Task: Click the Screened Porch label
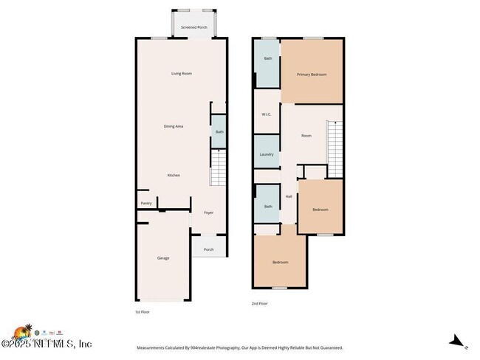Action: click(x=194, y=27)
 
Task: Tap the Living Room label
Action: click(x=182, y=74)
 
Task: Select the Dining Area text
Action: click(x=174, y=126)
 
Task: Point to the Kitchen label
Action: click(x=174, y=175)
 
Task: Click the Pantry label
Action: click(x=145, y=204)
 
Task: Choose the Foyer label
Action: click(x=209, y=212)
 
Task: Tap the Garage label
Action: click(x=163, y=258)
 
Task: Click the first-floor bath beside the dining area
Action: click(x=219, y=131)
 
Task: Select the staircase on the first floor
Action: click(x=219, y=167)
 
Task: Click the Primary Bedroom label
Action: click(x=312, y=75)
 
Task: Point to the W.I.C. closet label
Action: click(x=267, y=114)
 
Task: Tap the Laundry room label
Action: click(x=267, y=154)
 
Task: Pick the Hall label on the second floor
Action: click(x=289, y=196)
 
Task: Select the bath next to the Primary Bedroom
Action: click(x=267, y=58)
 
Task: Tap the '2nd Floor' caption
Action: click(x=259, y=303)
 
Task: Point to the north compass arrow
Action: click(x=458, y=341)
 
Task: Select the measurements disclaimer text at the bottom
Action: click(x=239, y=347)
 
